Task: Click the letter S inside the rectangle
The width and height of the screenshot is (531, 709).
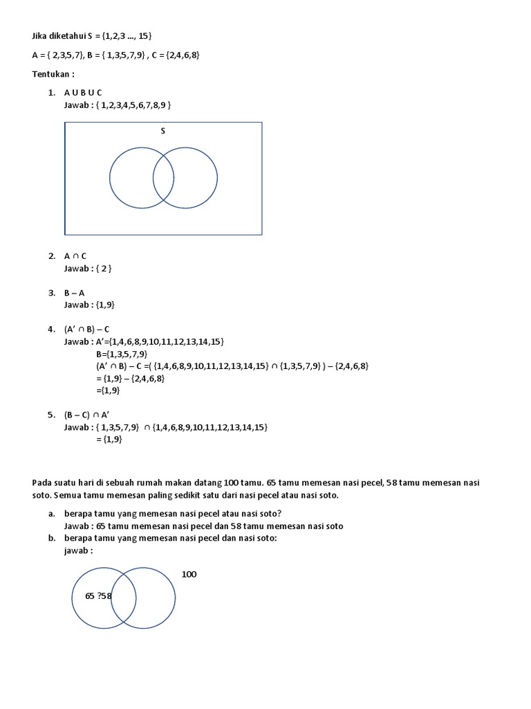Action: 163,131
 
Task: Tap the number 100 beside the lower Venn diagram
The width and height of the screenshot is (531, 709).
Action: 189,574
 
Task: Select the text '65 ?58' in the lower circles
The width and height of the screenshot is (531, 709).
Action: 99,595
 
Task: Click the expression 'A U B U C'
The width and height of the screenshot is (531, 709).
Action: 83,93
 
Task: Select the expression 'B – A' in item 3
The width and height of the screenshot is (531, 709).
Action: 74,292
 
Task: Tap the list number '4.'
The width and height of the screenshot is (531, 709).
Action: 51,329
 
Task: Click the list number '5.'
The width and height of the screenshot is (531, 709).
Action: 51,415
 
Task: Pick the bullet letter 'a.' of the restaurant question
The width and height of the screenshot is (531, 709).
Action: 52,513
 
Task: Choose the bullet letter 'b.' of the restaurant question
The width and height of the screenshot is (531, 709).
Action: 52,538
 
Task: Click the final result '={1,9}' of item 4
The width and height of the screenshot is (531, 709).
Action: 108,391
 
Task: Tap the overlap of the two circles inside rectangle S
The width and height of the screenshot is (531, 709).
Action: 163,178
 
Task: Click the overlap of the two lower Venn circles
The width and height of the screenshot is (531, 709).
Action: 124,597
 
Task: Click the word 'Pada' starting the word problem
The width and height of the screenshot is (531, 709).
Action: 42,482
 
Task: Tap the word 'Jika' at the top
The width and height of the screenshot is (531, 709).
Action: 41,35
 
